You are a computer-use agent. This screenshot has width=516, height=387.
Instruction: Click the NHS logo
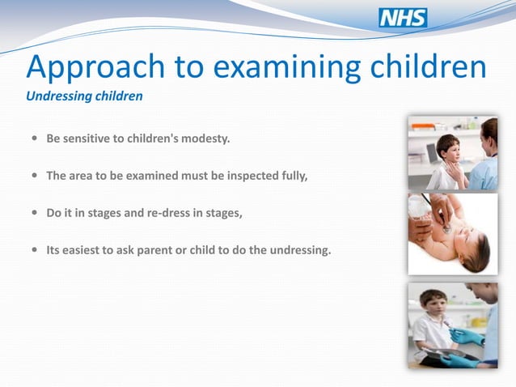[403, 18]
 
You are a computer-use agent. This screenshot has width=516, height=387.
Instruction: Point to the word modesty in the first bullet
[206, 138]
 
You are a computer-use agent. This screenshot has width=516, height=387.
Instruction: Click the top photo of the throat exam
[452, 153]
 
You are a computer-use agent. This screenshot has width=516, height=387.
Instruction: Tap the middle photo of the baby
[452, 234]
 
